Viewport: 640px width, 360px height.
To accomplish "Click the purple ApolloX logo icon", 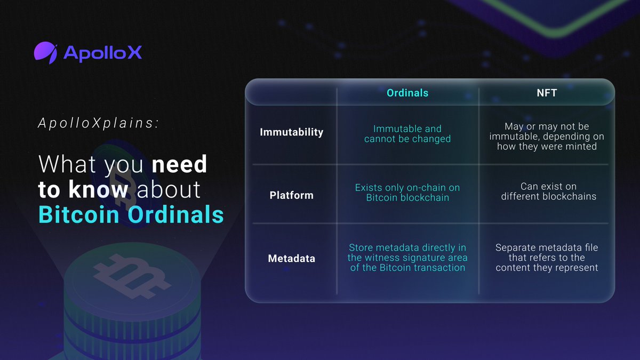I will click(46, 52).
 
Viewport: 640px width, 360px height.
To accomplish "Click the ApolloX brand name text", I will click(102, 52).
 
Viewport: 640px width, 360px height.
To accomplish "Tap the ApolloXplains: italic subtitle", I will click(99, 123).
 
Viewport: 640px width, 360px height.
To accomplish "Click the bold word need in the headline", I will click(179, 164).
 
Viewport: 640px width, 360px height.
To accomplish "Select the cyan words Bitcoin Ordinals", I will click(131, 214).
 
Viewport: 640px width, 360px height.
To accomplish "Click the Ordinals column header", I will click(407, 93).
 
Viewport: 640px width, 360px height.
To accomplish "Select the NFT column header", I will click(547, 93).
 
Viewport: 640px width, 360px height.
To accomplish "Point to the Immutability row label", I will click(291, 132).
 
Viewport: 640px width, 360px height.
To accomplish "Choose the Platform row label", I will click(291, 195).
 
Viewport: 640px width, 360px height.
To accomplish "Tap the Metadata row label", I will click(291, 259).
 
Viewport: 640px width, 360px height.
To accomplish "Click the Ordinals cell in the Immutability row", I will click(407, 134).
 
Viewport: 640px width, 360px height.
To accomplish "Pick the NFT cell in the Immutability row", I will click(547, 136).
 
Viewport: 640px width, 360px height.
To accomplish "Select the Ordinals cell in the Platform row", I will click(407, 193).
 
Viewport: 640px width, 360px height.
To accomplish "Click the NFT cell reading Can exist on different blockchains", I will click(547, 191).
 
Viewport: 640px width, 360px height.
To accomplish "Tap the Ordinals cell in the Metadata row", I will click(407, 258).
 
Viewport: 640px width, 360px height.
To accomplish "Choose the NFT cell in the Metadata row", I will click(547, 258).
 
